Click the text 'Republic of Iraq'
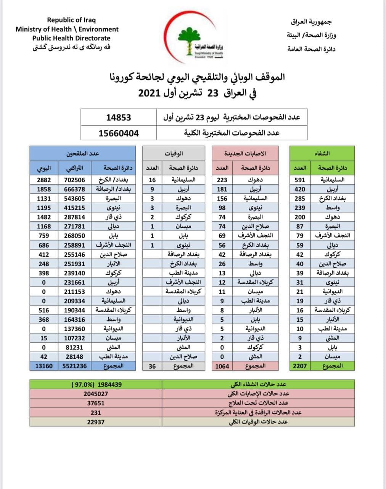[71, 20]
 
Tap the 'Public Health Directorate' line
[71, 38]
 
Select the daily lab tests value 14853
[118, 117]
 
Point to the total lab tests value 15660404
[118, 133]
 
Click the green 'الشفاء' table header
[322, 154]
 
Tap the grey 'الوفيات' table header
[174, 154]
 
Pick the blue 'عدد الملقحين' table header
[83, 154]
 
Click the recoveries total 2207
[300, 366]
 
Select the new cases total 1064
[222, 366]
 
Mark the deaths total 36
[152, 366]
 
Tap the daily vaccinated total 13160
[44, 366]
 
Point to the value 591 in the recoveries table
[300, 180]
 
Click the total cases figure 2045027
[96, 393]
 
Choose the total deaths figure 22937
[96, 422]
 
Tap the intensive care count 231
[96, 413]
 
